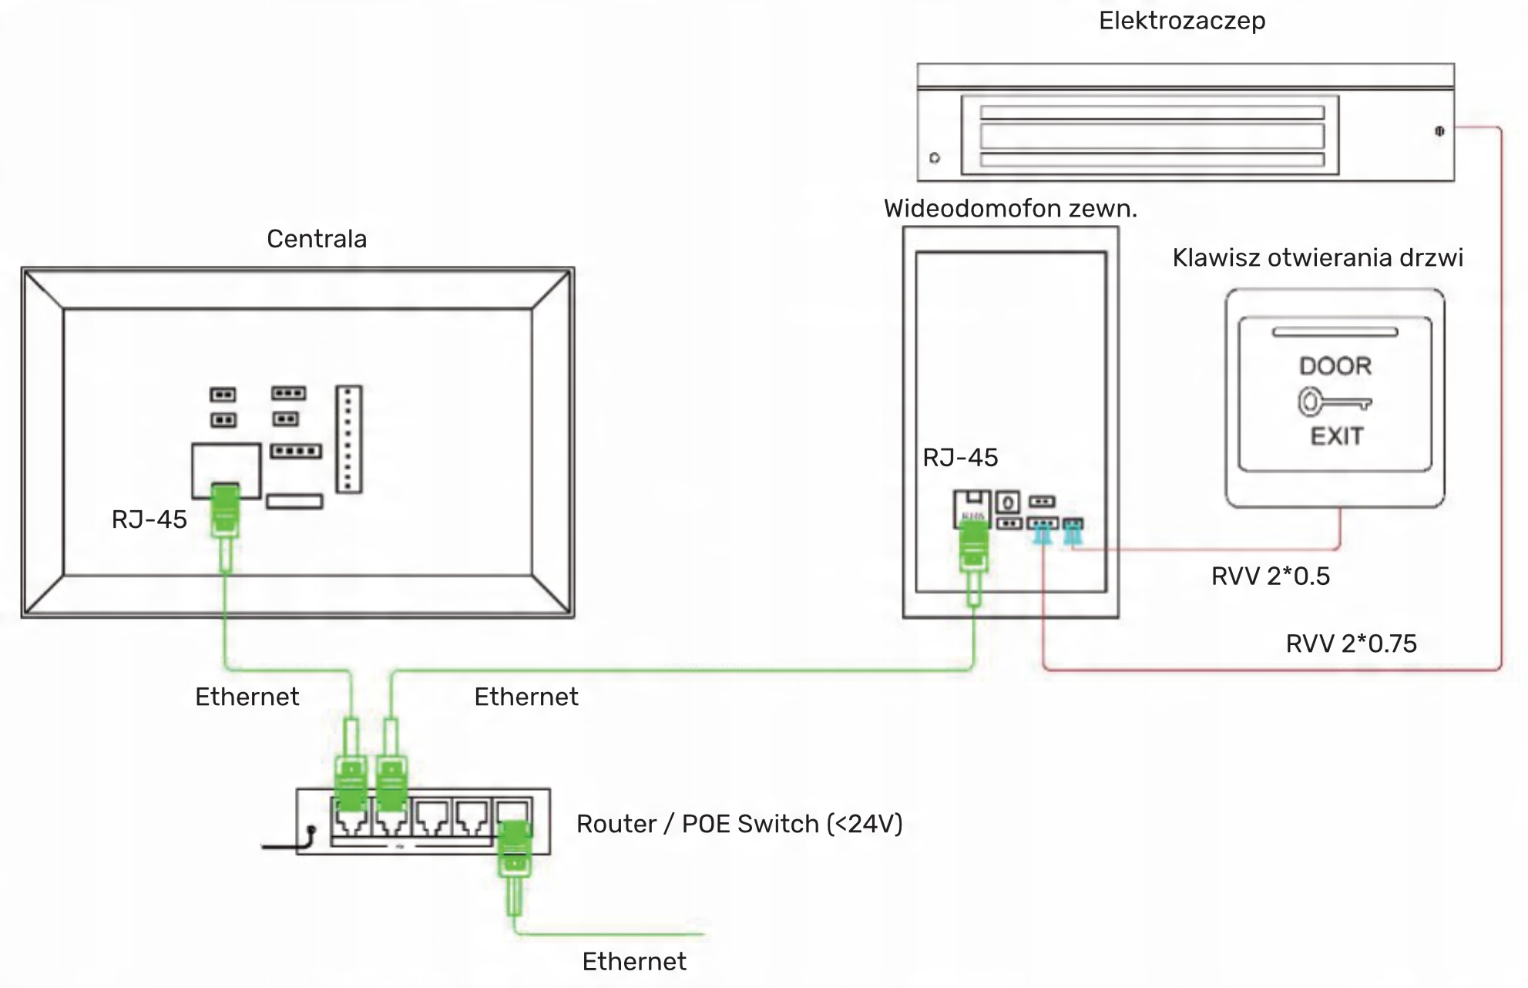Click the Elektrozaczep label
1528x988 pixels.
pos(1181,21)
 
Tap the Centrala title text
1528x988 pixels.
pos(317,239)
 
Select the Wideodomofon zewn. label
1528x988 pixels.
pos(1010,209)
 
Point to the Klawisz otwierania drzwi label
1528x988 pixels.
pos(1317,257)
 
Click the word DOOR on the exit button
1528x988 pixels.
pos(1335,366)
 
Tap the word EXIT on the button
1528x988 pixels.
pos(1337,436)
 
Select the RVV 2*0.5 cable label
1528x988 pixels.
pos(1270,576)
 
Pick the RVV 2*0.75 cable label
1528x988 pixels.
pos(1351,644)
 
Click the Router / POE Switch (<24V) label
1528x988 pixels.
pos(739,824)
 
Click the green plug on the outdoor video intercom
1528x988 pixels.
pos(973,546)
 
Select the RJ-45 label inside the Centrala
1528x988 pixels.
pos(149,519)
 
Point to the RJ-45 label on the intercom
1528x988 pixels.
pos(960,458)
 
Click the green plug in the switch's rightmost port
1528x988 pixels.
pos(514,848)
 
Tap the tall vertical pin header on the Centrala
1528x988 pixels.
pos(348,439)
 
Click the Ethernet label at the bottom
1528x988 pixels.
pos(633,962)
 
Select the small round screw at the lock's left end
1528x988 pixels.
pos(935,158)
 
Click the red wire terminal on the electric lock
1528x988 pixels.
pos(1439,131)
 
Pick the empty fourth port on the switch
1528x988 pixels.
pos(472,818)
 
